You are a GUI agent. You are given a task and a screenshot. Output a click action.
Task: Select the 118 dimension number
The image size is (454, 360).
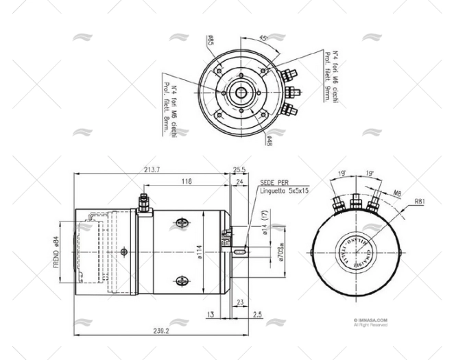click(x=185, y=182)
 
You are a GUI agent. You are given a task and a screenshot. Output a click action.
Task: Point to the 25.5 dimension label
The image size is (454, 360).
click(x=239, y=170)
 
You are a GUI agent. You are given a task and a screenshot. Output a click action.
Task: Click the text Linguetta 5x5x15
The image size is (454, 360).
click(x=285, y=191)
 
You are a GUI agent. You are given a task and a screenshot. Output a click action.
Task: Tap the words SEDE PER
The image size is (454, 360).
click(x=274, y=183)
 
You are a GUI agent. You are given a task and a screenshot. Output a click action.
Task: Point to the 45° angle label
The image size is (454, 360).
click(x=263, y=39)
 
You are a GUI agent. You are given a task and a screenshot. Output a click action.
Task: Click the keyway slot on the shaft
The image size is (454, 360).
click(x=238, y=252)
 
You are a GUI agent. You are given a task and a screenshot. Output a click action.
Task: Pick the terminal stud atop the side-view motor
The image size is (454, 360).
click(x=143, y=203)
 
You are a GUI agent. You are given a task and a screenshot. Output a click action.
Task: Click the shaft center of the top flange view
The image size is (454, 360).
click(x=243, y=91)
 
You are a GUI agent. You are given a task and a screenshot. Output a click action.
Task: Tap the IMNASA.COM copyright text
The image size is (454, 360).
click(x=371, y=320)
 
